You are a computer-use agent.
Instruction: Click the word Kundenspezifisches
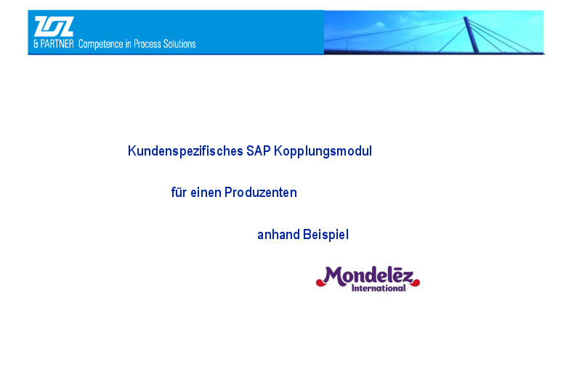point(185,151)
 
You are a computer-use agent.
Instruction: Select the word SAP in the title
point(259,150)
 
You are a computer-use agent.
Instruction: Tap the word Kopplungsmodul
point(323,151)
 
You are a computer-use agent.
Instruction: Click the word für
point(179,192)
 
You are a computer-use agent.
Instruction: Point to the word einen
point(206,193)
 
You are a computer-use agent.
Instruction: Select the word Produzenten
point(261,193)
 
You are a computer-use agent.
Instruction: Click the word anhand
point(279,235)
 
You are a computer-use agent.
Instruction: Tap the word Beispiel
point(326,235)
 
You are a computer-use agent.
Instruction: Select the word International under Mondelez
point(379,289)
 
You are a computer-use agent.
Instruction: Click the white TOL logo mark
point(54,26)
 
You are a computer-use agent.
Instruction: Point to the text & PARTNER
point(54,44)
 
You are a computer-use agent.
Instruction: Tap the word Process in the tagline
point(147,44)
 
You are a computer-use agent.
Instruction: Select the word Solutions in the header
point(179,44)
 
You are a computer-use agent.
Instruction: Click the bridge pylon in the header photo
point(472,35)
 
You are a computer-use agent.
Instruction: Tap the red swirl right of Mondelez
point(415,283)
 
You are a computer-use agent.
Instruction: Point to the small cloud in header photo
point(380,25)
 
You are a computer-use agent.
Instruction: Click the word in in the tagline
point(128,44)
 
